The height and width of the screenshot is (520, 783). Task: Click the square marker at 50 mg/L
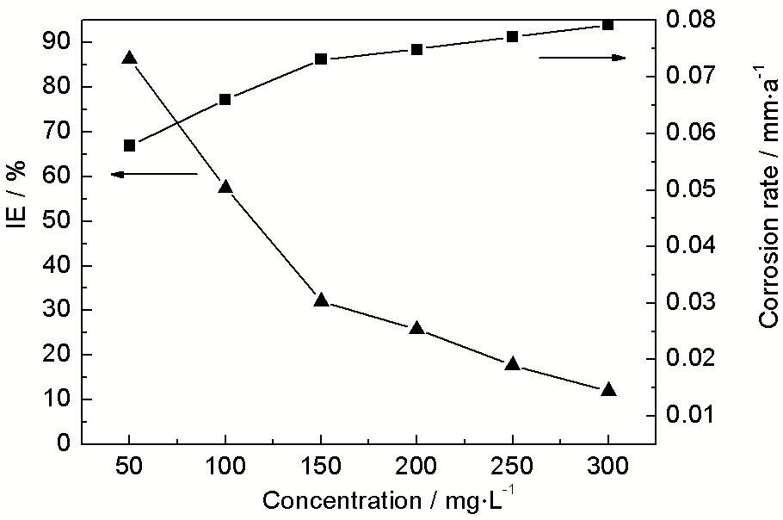click(x=130, y=145)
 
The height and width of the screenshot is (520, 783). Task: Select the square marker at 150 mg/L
click(x=321, y=59)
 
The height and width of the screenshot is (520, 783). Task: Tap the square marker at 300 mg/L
click(x=607, y=25)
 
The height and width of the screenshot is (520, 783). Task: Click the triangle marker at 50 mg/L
click(x=130, y=58)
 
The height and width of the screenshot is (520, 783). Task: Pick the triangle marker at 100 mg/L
click(x=225, y=187)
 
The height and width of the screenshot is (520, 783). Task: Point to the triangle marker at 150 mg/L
click(x=321, y=300)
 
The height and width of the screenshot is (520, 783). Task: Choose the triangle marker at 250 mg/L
click(x=512, y=364)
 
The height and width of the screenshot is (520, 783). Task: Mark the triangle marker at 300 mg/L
click(x=607, y=390)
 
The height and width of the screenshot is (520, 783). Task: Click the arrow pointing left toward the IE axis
click(x=155, y=175)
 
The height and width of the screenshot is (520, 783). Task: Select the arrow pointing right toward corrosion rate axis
click(x=583, y=58)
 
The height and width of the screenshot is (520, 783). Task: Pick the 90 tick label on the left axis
click(x=55, y=42)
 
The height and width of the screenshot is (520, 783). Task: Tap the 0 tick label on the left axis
click(x=63, y=443)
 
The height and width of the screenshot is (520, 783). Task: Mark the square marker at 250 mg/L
click(x=512, y=37)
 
